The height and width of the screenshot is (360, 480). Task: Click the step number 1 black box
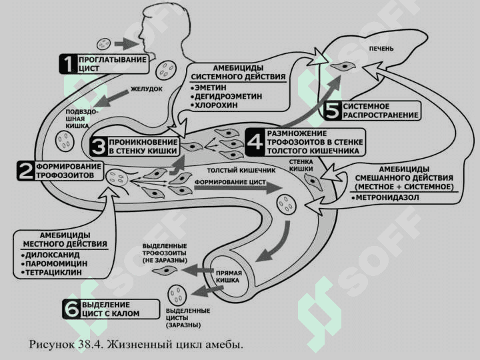pos(67,64)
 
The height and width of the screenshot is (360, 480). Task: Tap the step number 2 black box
pos(26,171)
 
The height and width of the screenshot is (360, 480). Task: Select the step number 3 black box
pos(98,146)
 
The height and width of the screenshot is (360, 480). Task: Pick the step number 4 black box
pos(255,142)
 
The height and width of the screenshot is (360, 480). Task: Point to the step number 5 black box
pos(332,111)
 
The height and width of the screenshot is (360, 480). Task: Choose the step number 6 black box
pos(71,309)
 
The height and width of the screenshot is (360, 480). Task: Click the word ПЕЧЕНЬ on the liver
pos(381,49)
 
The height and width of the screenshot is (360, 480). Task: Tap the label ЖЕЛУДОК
pos(147,89)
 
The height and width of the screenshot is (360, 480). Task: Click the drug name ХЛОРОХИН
pos(216,105)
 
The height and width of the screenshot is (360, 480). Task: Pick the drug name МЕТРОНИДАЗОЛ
pos(387,197)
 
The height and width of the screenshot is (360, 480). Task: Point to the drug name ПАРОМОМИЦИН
pos(56,263)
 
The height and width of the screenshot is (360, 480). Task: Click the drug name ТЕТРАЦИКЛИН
pos(53,272)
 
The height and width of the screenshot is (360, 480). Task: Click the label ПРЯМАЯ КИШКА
pos(229,277)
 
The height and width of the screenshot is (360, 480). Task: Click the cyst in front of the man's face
pos(103,44)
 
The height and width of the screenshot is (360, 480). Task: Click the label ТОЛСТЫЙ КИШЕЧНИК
pos(241,171)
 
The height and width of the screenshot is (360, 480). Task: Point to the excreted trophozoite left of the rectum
pos(165,270)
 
